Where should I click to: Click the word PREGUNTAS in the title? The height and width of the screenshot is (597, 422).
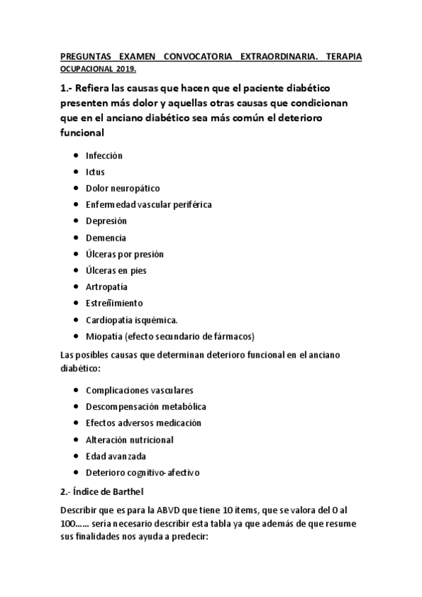pos(83,55)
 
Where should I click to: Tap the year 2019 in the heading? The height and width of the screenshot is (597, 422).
pos(123,69)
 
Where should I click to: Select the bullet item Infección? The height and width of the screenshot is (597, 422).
pos(104,155)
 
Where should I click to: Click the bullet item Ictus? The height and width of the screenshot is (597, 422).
pos(95,172)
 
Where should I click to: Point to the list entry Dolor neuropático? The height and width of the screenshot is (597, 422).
pos(123,188)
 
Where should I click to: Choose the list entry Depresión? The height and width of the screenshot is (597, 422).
pos(106,221)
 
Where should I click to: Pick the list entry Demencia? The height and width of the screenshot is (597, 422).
pos(106,238)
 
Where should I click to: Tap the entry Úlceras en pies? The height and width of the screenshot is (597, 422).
pos(116,270)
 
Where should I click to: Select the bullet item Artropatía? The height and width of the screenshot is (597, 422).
pos(107,287)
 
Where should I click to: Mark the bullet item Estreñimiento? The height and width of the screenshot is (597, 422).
pos(114,303)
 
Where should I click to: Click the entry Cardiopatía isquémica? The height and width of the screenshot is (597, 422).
pos(132,320)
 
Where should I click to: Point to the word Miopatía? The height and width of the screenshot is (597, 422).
pos(102,336)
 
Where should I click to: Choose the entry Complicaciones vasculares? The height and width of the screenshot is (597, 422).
pos(139,389)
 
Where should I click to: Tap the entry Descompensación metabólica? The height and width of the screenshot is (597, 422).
pos(146,406)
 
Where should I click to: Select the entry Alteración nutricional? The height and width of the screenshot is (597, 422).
pos(130,439)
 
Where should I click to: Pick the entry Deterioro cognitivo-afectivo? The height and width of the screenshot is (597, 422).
pos(137,472)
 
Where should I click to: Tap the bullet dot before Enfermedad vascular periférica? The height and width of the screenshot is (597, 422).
pos(75,205)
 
